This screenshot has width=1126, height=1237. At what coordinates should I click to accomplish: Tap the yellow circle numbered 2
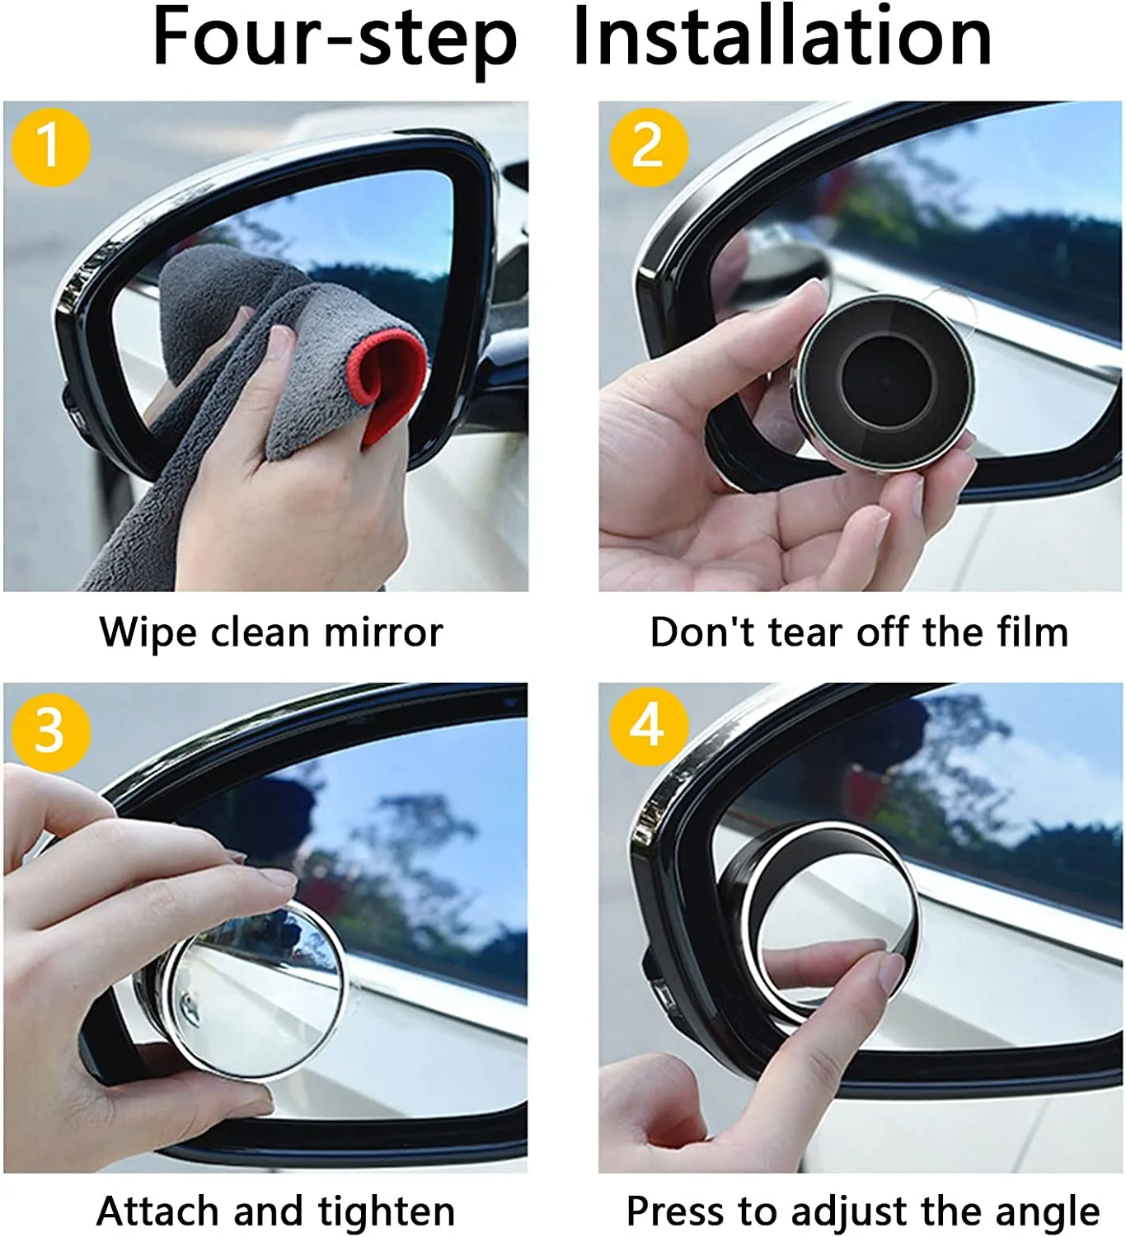(648, 147)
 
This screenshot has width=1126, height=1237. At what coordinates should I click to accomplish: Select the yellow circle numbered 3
(50, 730)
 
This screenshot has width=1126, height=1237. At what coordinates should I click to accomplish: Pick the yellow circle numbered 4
(648, 727)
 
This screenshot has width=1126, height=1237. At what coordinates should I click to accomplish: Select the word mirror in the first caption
(383, 633)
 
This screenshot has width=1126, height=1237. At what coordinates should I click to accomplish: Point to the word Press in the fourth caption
(676, 1212)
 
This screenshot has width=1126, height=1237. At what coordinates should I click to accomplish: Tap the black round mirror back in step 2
(885, 382)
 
